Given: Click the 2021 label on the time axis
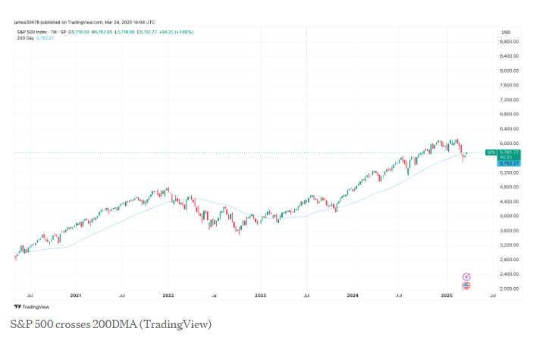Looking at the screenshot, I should pos(76,295).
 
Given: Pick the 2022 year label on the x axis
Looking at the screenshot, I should pos(168,295).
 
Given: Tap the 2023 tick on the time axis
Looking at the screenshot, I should pos(260,295).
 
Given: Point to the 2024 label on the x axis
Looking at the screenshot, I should pos(352,295).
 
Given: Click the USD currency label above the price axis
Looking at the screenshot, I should pos(506,31).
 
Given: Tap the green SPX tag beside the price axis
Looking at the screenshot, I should pos(491,153).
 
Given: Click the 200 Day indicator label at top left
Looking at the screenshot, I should pos(24,37).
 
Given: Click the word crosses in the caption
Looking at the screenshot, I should pos(71,324).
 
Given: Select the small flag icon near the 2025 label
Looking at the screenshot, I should pos(466,286).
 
